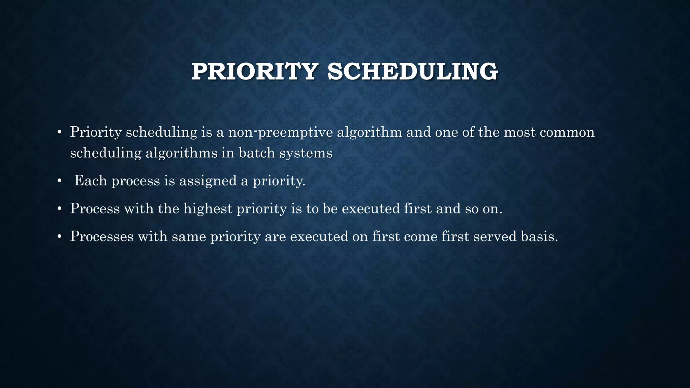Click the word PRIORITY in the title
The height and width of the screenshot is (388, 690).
(255, 72)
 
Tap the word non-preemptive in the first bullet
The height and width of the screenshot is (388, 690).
(280, 132)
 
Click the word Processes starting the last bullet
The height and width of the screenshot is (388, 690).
(102, 236)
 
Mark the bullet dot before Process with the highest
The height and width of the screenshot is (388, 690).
(59, 209)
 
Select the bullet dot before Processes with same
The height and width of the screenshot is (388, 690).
(59, 237)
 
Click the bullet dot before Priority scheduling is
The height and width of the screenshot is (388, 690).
(59, 133)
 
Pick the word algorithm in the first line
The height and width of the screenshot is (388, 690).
(369, 132)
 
